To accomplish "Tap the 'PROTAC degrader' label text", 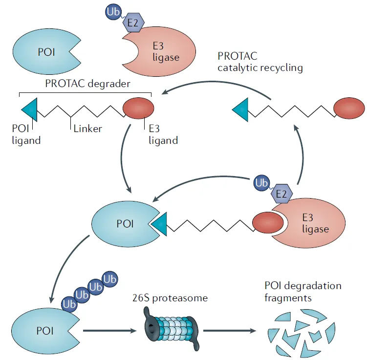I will (x=87, y=83).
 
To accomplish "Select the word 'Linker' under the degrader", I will (x=88, y=129).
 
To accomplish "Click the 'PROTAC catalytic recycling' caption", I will (x=260, y=63).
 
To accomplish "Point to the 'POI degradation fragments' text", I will (x=302, y=291).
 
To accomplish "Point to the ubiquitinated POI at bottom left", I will (x=40, y=330).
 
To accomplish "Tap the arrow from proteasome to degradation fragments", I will (x=230, y=331).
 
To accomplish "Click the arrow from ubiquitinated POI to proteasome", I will (x=110, y=331).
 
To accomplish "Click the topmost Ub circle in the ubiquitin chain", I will (x=110, y=279).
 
